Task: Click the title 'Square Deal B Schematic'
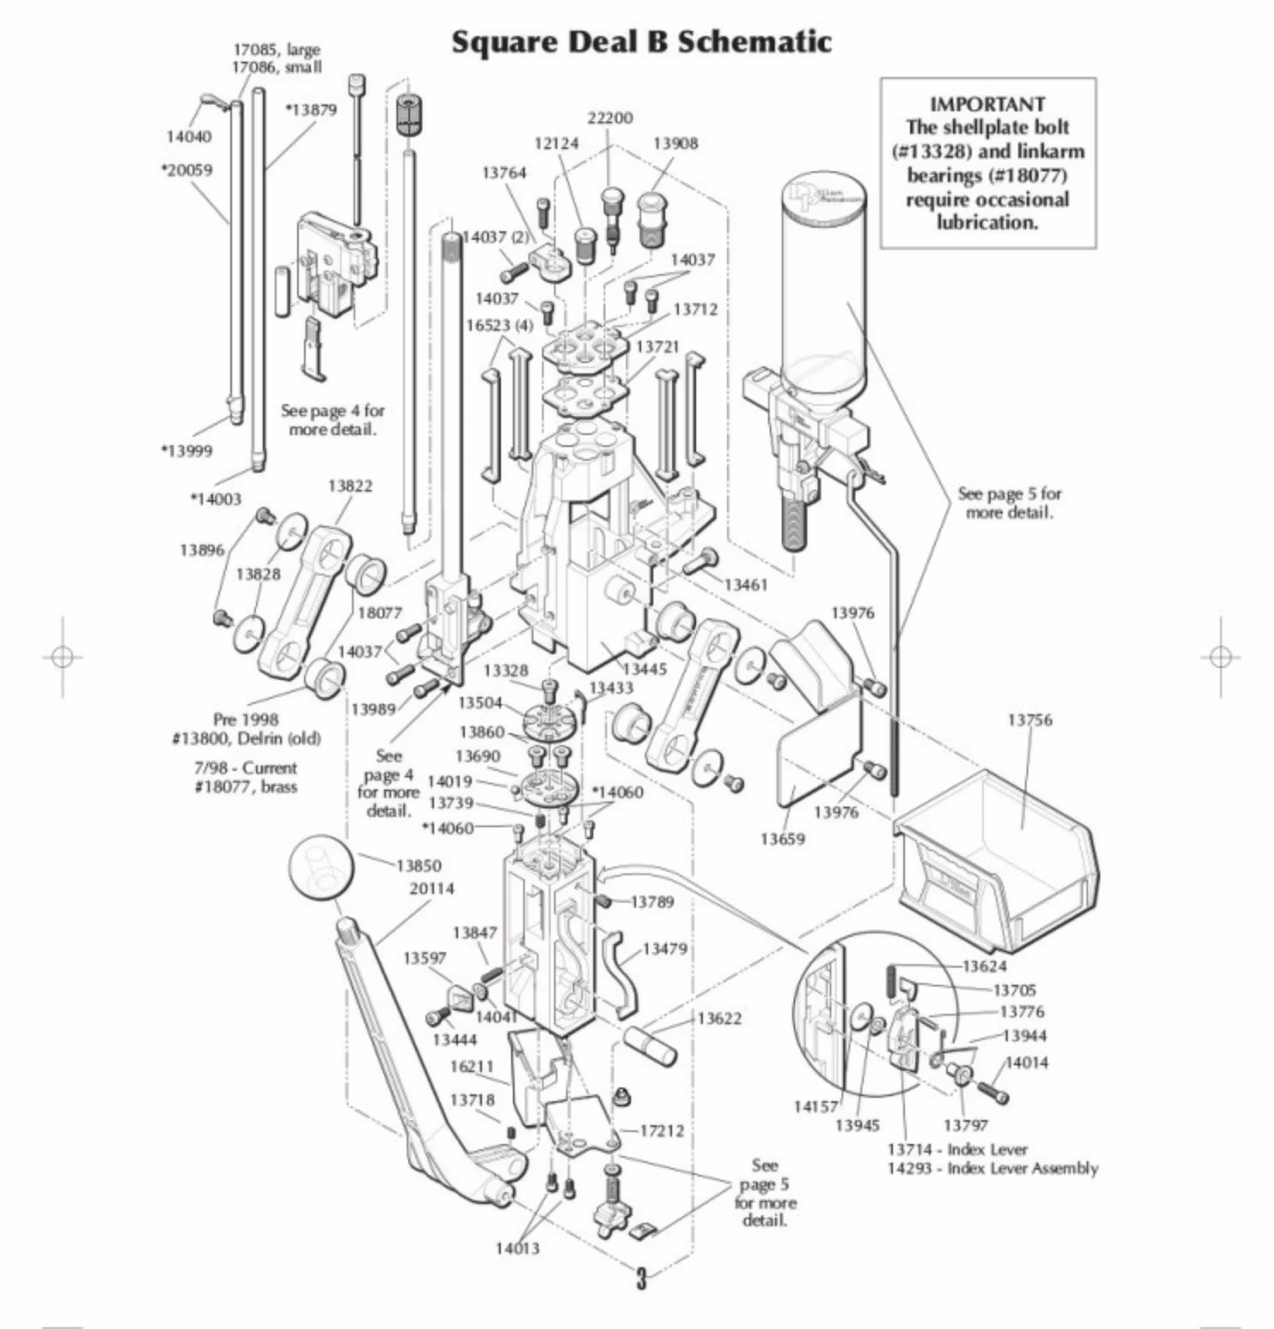click(x=641, y=42)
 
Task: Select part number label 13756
click(x=1029, y=720)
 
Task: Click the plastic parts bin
click(x=997, y=865)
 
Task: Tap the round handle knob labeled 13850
click(x=320, y=867)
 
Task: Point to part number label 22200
click(x=610, y=118)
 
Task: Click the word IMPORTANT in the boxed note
click(x=987, y=104)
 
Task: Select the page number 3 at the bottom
click(x=641, y=1278)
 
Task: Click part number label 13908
click(x=675, y=144)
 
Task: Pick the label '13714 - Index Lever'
click(x=956, y=1149)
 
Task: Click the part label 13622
click(x=719, y=1018)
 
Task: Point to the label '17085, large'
click(x=276, y=50)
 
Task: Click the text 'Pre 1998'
click(x=246, y=719)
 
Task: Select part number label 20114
click(x=432, y=889)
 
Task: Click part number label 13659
click(x=782, y=839)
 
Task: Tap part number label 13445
click(x=644, y=669)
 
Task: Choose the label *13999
click(x=187, y=451)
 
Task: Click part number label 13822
click(x=350, y=486)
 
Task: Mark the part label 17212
click(x=662, y=1131)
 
